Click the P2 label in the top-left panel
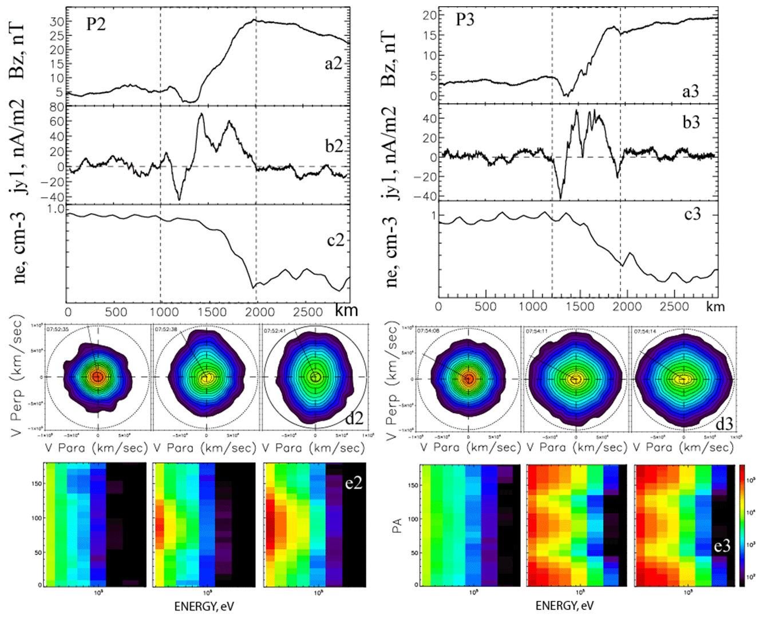[x=96, y=24]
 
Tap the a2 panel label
[x=333, y=63]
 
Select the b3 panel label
[x=691, y=122]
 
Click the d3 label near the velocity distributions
[x=723, y=424]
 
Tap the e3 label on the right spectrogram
[x=722, y=546]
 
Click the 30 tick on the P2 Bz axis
[x=56, y=22]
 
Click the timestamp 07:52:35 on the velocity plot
[x=58, y=330]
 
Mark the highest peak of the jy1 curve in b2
[x=201, y=115]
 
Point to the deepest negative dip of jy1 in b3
[x=560, y=198]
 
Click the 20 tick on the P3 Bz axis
[x=429, y=15]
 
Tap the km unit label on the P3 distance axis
[x=715, y=306]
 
